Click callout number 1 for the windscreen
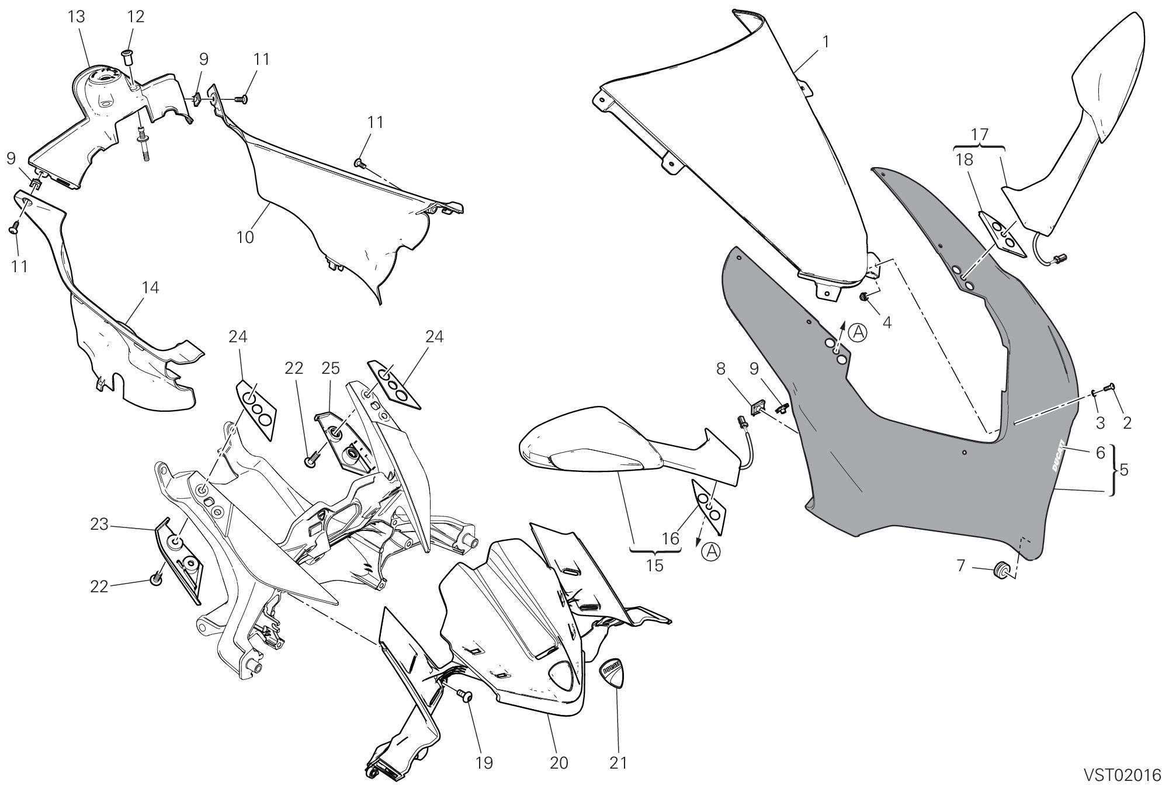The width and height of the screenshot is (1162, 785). pos(825,43)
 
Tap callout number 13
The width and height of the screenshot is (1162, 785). pos(77,17)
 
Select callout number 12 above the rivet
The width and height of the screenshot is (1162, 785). pos(135,17)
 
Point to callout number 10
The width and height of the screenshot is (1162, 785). pos(245,237)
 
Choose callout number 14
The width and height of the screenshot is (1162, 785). pos(150,287)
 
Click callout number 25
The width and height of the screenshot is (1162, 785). pos(330,368)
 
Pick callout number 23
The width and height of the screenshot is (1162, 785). pos(99,525)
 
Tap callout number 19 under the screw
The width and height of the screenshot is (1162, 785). pos(484,763)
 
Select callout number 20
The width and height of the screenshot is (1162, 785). pos(559,763)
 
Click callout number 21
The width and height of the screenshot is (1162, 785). pos(618,763)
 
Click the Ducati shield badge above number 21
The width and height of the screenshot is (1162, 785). pos(614,673)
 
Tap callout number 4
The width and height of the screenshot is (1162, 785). pos(887,322)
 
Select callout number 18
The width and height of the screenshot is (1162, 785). pos(964,160)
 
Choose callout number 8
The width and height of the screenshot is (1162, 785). pos(720,369)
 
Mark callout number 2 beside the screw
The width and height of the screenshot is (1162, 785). pos(1127,423)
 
